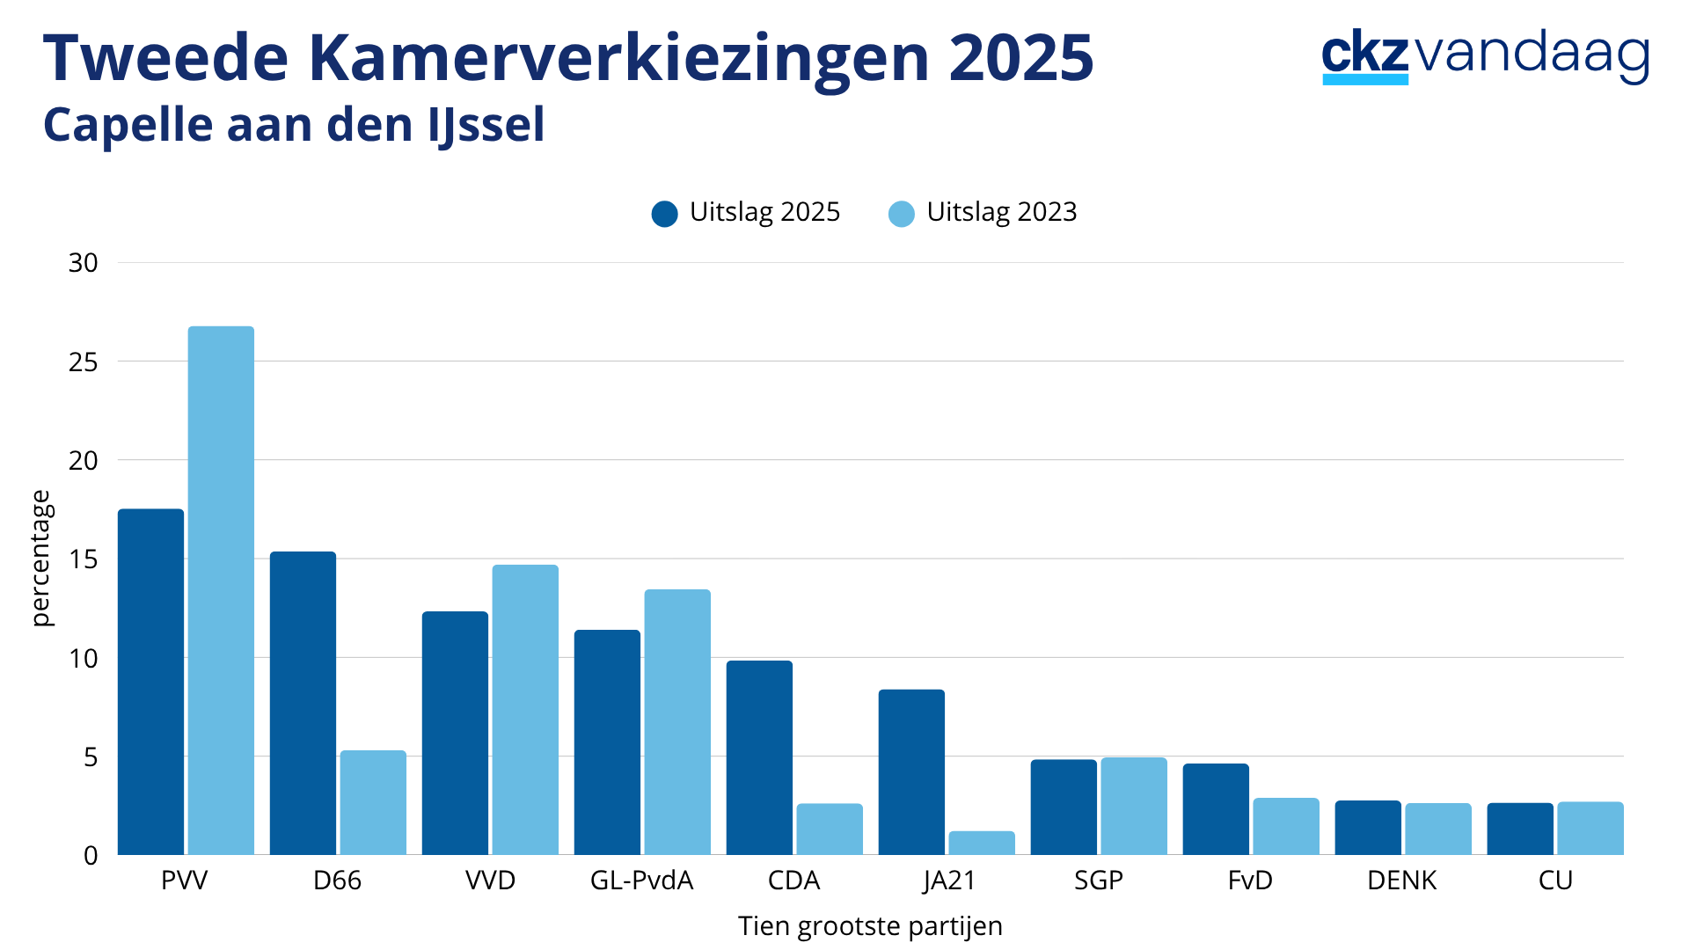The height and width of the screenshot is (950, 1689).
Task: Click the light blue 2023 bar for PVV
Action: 221,589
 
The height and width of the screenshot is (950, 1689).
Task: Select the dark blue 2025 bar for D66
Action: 303,703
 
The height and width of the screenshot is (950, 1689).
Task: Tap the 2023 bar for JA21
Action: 982,843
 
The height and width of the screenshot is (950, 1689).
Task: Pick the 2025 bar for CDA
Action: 759,757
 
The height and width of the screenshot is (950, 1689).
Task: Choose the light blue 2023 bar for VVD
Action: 525,709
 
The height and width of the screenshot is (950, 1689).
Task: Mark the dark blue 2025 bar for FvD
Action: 1216,808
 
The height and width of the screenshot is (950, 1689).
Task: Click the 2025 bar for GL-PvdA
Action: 607,742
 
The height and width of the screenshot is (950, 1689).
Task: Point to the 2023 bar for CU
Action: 1590,828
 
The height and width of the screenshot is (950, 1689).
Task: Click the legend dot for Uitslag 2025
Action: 664,214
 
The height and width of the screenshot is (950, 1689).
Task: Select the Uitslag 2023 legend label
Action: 1001,212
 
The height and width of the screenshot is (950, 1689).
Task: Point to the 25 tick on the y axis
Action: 84,362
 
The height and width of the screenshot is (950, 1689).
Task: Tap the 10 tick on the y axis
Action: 84,658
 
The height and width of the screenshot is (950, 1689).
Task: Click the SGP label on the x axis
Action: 1099,881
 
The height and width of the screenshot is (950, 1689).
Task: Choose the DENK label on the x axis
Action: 1401,881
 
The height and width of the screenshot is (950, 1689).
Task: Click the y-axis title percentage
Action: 41,559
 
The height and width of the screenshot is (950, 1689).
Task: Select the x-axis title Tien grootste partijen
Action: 870,926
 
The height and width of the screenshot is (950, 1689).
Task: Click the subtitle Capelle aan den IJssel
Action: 294,125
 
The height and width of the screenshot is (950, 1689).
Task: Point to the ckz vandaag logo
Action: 1485,57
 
